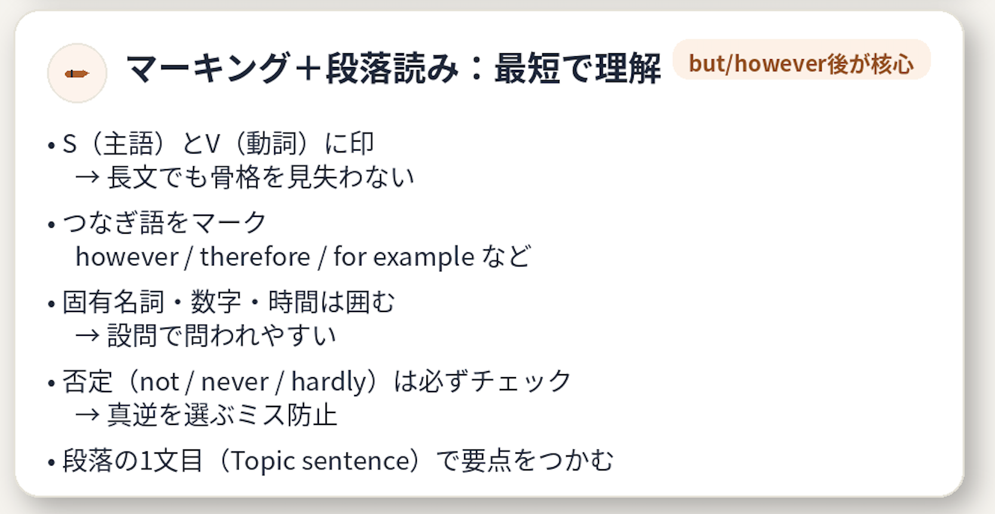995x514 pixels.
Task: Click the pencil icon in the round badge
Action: click(77, 74)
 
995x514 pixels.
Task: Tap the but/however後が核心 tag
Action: click(801, 62)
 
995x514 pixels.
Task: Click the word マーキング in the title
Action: click(208, 68)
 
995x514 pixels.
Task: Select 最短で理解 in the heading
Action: click(577, 68)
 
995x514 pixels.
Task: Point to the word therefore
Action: click(255, 257)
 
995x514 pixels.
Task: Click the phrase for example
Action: click(404, 257)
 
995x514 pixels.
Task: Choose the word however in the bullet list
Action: click(127, 257)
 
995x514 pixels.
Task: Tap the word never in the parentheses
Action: click(235, 382)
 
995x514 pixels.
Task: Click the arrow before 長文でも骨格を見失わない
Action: click(87, 177)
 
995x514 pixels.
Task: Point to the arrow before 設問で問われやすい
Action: click(87, 335)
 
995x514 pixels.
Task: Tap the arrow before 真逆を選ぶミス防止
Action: click(87, 414)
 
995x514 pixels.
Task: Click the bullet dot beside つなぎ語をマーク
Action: click(51, 225)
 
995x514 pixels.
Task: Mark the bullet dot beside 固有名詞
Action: click(51, 304)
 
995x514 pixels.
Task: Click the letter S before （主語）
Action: click(70, 144)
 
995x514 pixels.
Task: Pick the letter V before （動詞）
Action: click(212, 144)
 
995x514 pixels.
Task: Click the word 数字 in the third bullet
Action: click(216, 302)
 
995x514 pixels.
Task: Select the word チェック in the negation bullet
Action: click(521, 382)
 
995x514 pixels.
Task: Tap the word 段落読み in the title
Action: click(392, 68)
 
